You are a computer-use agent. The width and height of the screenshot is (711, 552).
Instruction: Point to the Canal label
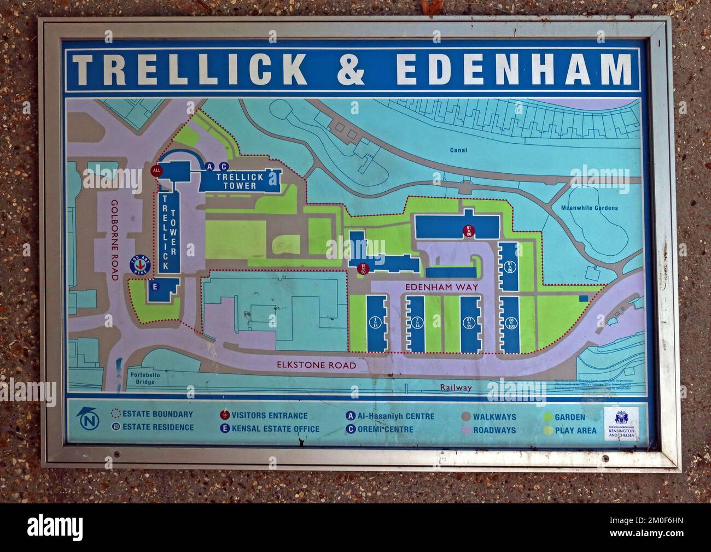459,150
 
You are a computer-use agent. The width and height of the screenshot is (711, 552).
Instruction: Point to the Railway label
456,387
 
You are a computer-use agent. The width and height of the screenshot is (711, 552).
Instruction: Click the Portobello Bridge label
143,378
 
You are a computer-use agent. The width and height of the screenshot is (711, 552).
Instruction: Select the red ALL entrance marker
158,171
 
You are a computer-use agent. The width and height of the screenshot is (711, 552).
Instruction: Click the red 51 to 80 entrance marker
468,231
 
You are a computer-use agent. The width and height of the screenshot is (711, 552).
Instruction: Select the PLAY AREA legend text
575,431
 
